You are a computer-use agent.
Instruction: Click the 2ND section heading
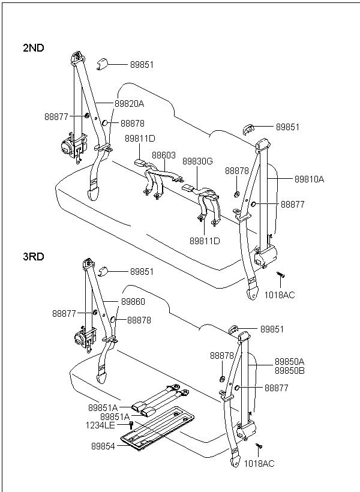point(34,48)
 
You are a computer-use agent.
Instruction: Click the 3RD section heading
point(34,256)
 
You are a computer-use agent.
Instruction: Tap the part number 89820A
point(130,103)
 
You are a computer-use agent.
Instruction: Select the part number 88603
point(163,155)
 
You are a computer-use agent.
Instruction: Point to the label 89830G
point(197,161)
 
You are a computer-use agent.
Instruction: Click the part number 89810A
point(309,179)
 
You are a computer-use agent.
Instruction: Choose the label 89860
point(133,301)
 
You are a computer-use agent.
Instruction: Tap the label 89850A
point(290,362)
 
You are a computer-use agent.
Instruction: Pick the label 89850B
point(290,370)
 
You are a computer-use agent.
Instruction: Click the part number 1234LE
point(101,425)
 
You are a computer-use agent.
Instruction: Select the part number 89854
point(103,446)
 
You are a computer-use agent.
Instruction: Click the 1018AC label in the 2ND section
point(280,295)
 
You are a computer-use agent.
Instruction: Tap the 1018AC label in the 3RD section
point(259,464)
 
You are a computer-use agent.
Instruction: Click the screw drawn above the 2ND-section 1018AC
point(280,276)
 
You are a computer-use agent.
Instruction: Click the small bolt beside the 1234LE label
point(131,425)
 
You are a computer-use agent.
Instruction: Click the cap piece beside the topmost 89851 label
point(102,64)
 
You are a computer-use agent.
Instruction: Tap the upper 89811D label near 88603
point(140,139)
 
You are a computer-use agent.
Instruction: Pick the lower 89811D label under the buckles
point(205,241)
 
